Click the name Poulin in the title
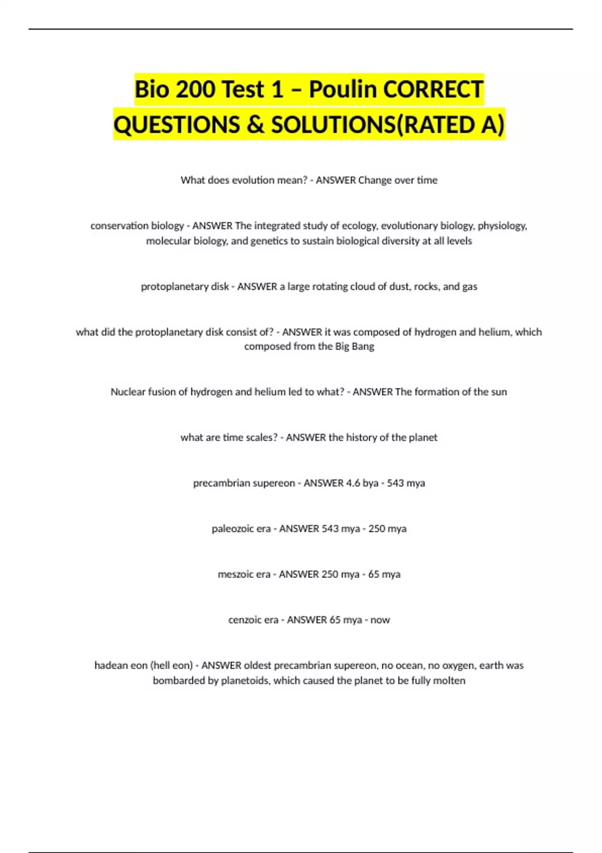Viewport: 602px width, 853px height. pos(343,90)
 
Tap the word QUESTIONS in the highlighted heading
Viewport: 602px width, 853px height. pos(177,125)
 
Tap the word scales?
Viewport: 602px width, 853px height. pos(261,438)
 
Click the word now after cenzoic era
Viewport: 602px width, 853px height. pos(380,620)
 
